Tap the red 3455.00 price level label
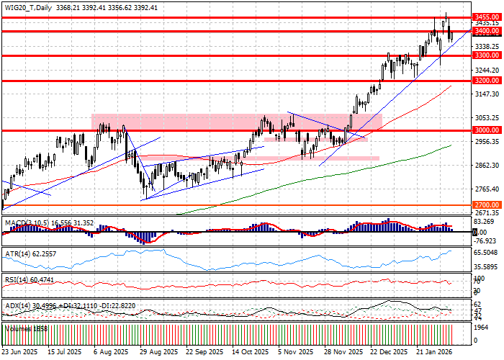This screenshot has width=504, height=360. coord(487,16)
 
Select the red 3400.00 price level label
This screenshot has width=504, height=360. coord(487,31)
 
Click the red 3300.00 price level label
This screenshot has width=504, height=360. coord(487,55)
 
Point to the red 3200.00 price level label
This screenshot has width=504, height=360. coord(487,81)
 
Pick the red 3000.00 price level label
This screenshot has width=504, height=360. coord(487,130)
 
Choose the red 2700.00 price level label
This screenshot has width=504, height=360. coord(487,205)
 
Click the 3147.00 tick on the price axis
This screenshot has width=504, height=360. coord(487,94)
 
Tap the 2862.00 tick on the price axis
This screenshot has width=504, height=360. coord(487,166)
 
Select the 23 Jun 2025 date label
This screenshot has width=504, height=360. coord(19,352)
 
